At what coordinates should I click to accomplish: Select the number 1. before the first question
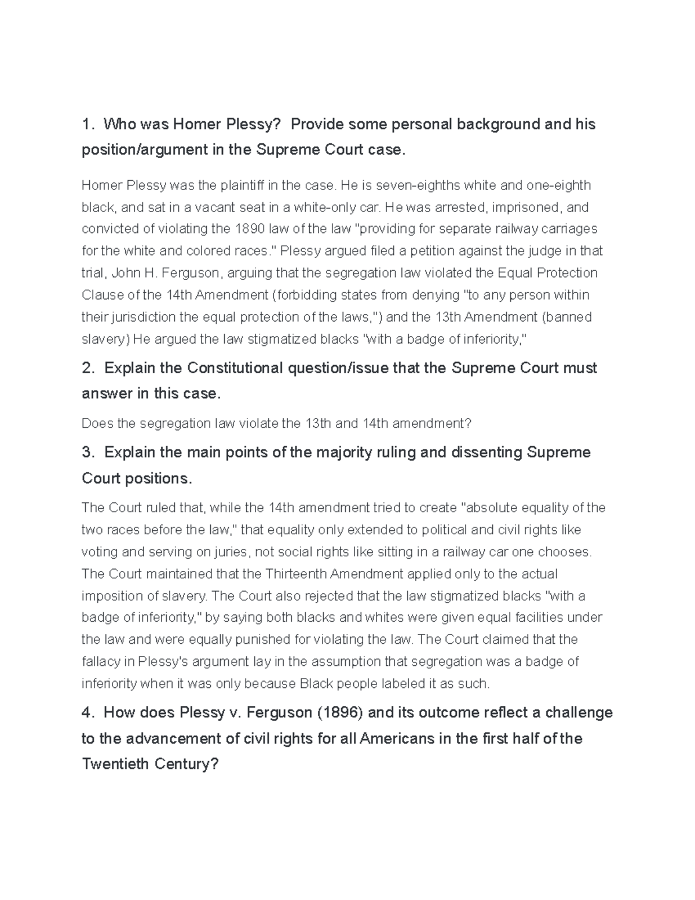87,125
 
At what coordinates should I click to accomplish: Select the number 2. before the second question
88,369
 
